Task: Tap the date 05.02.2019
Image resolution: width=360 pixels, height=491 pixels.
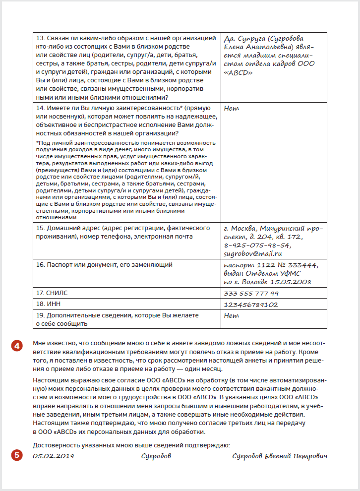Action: (x=53, y=456)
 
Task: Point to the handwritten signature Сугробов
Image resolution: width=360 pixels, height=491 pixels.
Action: (x=156, y=456)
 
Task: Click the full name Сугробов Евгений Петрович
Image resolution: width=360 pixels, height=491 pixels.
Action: (x=280, y=456)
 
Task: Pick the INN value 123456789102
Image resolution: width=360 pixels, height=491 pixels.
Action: (x=251, y=304)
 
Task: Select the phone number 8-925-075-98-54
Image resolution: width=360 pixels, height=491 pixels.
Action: (x=257, y=245)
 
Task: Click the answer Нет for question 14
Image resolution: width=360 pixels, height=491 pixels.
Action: (x=232, y=108)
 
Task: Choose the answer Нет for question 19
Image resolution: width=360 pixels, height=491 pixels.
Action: (x=232, y=315)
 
